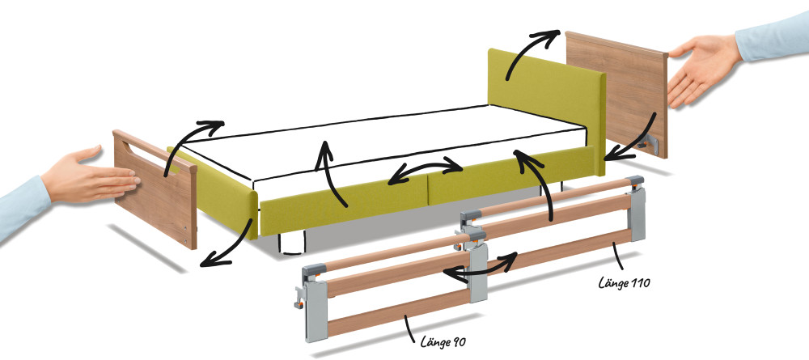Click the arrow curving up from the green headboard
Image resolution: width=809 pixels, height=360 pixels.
click(531, 49)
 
